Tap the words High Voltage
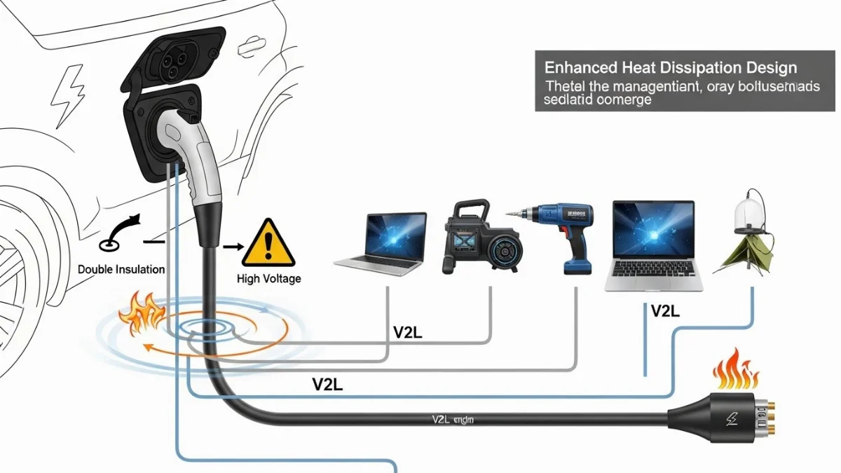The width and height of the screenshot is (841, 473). click(x=268, y=279)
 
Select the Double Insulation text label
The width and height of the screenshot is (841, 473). click(x=121, y=269)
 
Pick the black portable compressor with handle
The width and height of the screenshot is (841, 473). click(x=470, y=238)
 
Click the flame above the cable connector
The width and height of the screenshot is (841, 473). click(x=734, y=370)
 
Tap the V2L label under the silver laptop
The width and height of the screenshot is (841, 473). click(x=664, y=312)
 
